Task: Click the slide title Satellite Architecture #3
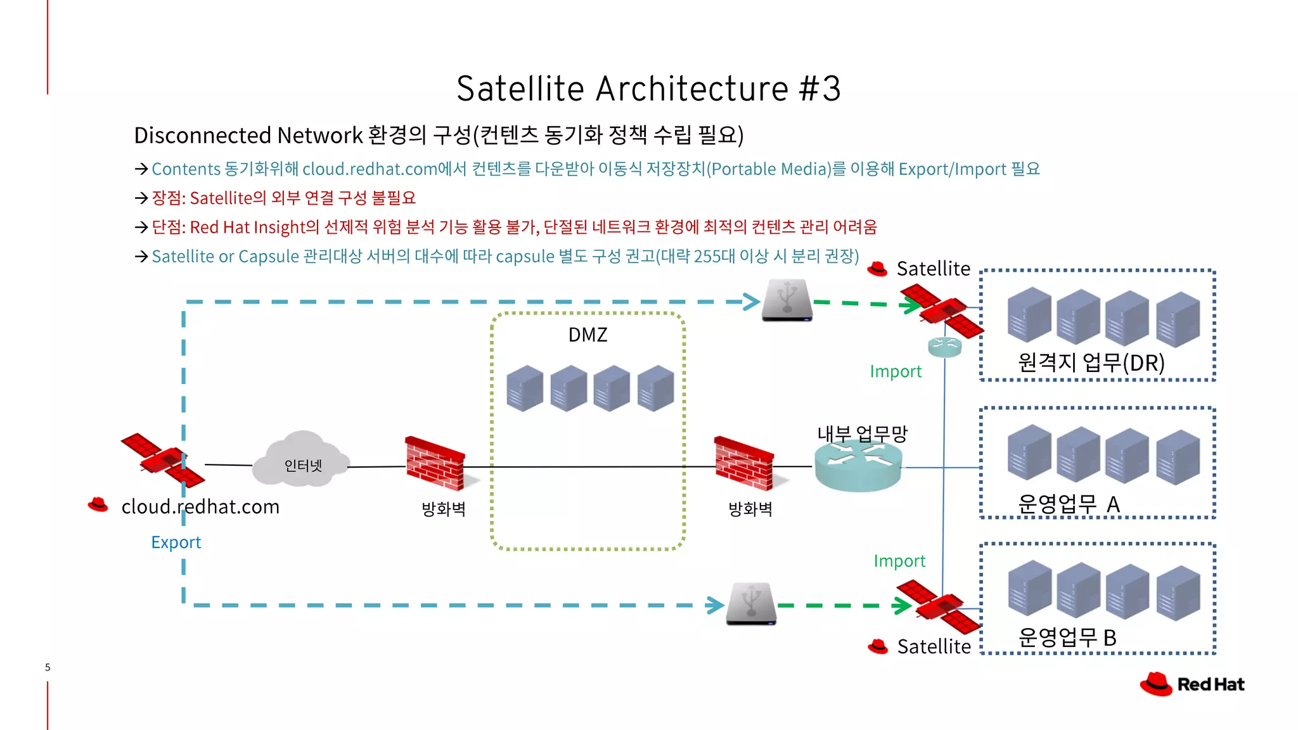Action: (x=648, y=88)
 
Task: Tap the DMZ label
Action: (x=588, y=335)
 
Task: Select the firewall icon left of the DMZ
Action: (x=435, y=464)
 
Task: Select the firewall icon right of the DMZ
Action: (x=744, y=464)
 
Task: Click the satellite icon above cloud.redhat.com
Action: (x=163, y=460)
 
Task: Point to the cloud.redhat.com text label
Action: (x=200, y=507)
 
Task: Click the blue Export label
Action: (x=176, y=542)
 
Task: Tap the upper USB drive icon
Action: (x=787, y=300)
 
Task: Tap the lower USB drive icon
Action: (x=751, y=604)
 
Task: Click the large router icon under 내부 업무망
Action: (x=858, y=467)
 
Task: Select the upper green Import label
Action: (x=896, y=371)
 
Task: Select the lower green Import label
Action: (x=899, y=561)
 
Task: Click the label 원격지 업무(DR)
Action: (x=1091, y=362)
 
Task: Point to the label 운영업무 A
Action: (x=1069, y=504)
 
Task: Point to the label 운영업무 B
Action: (x=1067, y=637)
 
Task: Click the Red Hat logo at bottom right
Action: (x=1192, y=684)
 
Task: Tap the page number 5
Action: (x=48, y=667)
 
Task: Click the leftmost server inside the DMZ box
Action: (x=525, y=388)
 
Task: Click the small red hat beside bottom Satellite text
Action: (x=878, y=646)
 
